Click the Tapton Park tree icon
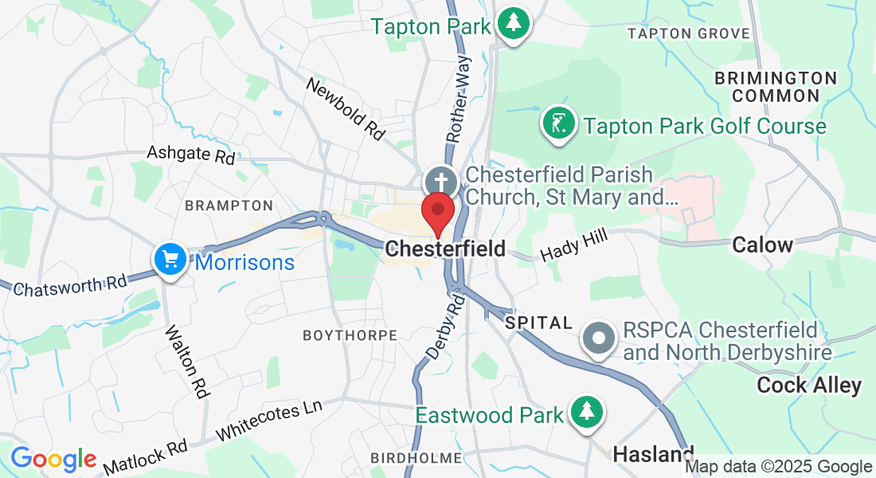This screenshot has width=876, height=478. click(514, 23)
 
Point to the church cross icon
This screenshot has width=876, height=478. click(440, 178)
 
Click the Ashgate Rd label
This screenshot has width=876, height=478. click(191, 153)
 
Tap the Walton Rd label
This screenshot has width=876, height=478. click(186, 361)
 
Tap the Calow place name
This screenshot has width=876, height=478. click(762, 245)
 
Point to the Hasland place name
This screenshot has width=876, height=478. click(653, 454)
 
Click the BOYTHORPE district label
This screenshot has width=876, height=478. click(350, 336)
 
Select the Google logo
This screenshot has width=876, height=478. click(53, 459)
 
